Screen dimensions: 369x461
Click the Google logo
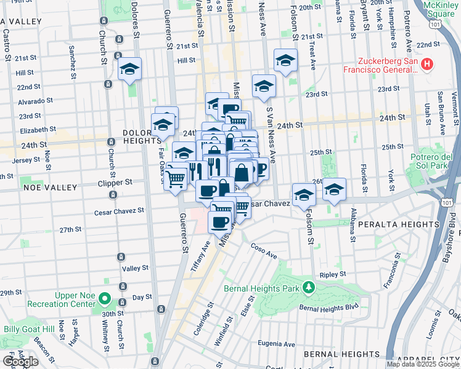click(x=20, y=362)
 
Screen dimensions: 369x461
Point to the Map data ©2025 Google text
click(x=422, y=364)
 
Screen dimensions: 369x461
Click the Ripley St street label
click(x=333, y=275)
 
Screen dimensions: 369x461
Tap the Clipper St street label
click(x=116, y=182)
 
